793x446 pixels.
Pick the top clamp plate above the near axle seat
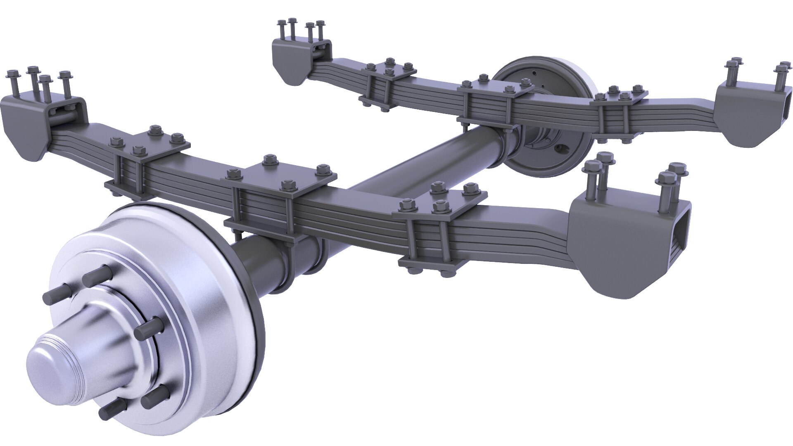pyautogui.click(x=281, y=182)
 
